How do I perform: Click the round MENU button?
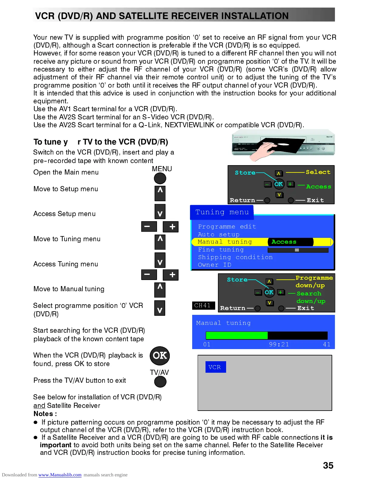pyautogui.click(x=160, y=178)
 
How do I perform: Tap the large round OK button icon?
pyautogui.click(x=160, y=355)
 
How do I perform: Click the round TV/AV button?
pyautogui.click(x=160, y=382)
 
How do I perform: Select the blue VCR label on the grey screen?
pyautogui.click(x=215, y=367)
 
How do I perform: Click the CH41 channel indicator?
pyautogui.click(x=203, y=305)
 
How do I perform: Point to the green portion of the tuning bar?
pyautogui.click(x=236, y=335)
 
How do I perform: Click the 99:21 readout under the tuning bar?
pyautogui.click(x=279, y=344)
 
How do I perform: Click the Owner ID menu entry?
pyautogui.click(x=214, y=265)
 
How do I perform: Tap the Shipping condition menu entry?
pyautogui.click(x=235, y=257)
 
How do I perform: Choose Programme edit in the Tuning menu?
pyautogui.click(x=227, y=227)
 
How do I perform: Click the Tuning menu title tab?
pyautogui.click(x=222, y=212)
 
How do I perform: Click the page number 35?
pyautogui.click(x=328, y=465)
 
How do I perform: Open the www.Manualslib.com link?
pyautogui.click(x=60, y=475)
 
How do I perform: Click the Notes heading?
pyautogui.click(x=45, y=414)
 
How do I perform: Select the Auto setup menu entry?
pyautogui.click(x=218, y=235)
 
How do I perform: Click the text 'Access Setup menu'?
pyautogui.click(x=64, y=214)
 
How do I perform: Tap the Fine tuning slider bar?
pyautogui.click(x=298, y=250)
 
